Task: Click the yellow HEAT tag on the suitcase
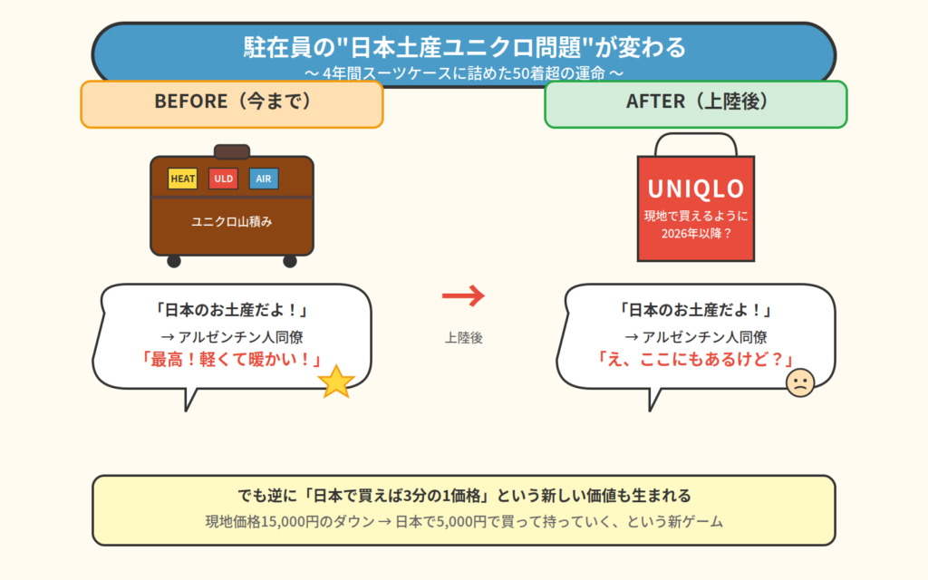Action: [x=183, y=179]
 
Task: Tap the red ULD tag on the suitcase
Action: [x=223, y=179]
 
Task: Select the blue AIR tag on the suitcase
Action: [x=264, y=179]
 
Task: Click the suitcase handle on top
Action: [x=232, y=151]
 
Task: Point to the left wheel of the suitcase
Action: [x=174, y=261]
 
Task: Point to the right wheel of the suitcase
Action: [x=290, y=261]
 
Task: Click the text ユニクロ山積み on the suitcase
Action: [x=231, y=221]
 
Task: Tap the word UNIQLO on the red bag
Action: [x=696, y=188]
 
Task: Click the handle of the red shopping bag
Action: [x=696, y=143]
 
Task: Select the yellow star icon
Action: [x=336, y=382]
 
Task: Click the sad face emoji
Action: [x=800, y=382]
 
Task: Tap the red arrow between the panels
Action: [x=464, y=295]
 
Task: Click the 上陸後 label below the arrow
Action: [x=464, y=337]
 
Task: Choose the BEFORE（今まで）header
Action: [x=232, y=101]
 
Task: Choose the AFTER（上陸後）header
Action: [x=696, y=101]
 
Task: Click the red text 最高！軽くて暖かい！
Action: [x=232, y=359]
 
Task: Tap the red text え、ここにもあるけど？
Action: [x=696, y=359]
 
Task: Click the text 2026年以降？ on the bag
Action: [x=696, y=232]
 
